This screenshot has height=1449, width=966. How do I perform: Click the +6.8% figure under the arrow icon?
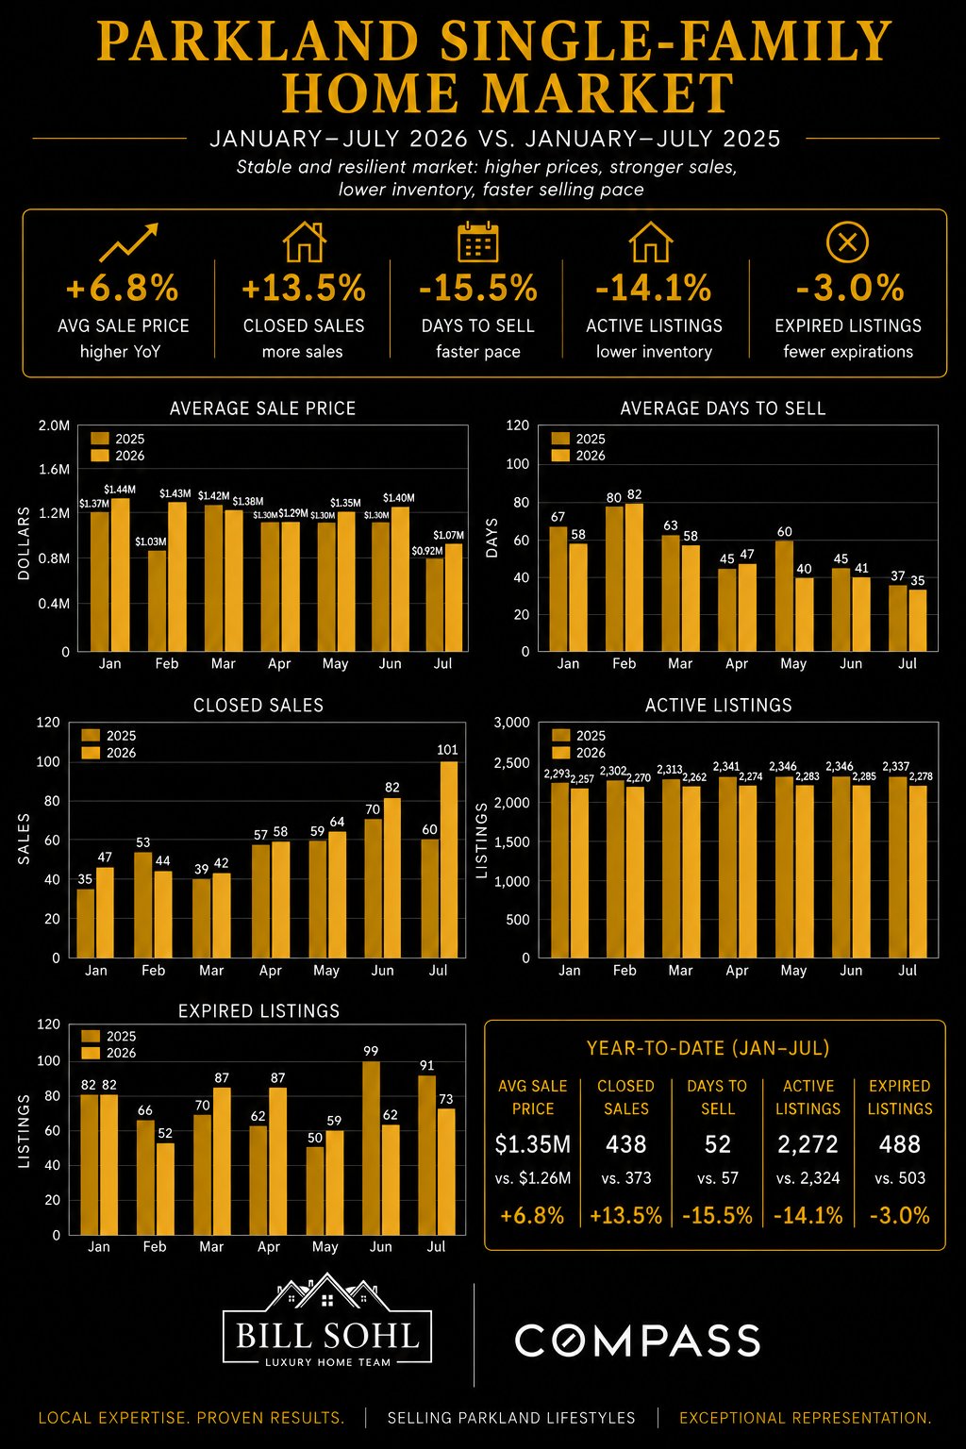pyautogui.click(x=123, y=288)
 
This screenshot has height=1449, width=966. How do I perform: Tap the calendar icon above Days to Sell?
pyautogui.click(x=477, y=241)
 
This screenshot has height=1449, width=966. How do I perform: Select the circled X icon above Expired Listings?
pyautogui.click(x=847, y=241)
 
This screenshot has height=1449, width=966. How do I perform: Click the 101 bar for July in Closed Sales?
pyautogui.click(x=448, y=859)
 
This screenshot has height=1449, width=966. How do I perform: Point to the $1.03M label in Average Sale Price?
pyautogui.click(x=151, y=541)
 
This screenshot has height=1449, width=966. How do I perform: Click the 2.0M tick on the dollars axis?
pyautogui.click(x=54, y=425)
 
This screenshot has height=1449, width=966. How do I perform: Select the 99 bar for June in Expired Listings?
pyautogui.click(x=371, y=1147)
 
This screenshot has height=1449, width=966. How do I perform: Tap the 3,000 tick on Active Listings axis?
pyautogui.click(x=511, y=722)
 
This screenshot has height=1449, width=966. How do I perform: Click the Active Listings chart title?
pyautogui.click(x=718, y=705)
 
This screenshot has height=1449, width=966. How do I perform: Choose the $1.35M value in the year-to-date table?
pyautogui.click(x=532, y=1144)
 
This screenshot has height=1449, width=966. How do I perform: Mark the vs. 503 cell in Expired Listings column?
pyautogui.click(x=899, y=1178)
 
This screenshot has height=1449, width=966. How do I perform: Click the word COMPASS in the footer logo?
pyautogui.click(x=638, y=1340)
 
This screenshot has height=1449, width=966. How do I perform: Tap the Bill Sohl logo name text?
pyautogui.click(x=327, y=1336)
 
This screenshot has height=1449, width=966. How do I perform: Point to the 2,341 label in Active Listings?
pyautogui.click(x=726, y=767)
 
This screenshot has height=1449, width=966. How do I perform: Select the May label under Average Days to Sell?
pyautogui.click(x=793, y=664)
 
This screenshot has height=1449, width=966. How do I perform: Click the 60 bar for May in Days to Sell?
pyautogui.click(x=784, y=596)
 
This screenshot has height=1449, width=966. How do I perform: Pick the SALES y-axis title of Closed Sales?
pyautogui.click(x=24, y=839)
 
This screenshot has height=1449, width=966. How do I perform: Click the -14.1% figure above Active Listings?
pyautogui.click(x=654, y=288)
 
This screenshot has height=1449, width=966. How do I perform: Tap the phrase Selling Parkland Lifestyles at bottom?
pyautogui.click(x=511, y=1418)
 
